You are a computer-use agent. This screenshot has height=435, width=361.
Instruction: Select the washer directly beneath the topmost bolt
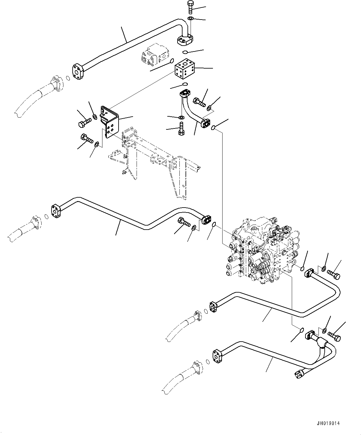tap(191, 19)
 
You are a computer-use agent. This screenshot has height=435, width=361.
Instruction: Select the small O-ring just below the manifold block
tap(185, 84)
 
